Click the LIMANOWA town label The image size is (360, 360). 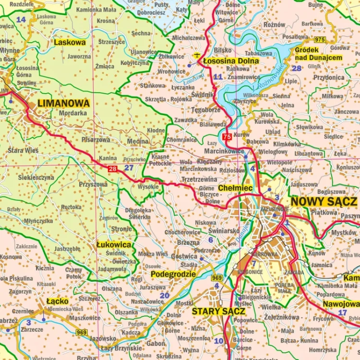[63, 103]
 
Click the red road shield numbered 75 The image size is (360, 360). [227, 137]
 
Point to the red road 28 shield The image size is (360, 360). [112, 168]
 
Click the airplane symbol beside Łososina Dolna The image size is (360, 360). [197, 54]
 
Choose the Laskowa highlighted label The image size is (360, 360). [70, 42]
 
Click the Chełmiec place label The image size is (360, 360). [235, 188]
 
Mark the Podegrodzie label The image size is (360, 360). [173, 274]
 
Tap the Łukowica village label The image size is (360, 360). [114, 244]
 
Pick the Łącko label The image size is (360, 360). [57, 301]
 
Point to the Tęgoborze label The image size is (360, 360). [205, 109]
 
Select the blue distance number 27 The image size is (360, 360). [129, 168]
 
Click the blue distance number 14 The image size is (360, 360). [21, 20]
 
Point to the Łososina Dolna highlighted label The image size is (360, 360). [231, 61]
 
